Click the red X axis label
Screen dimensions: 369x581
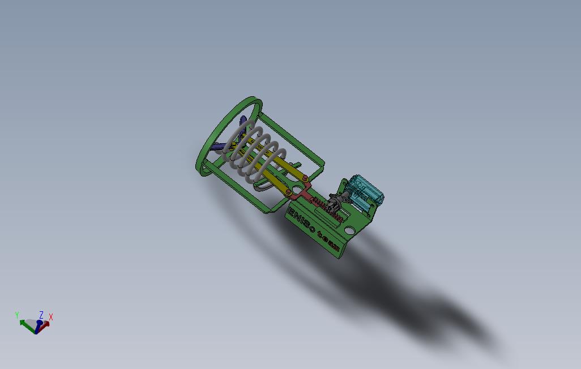point(51,317)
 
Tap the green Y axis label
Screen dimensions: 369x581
point(17,315)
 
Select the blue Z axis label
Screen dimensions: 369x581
point(41,314)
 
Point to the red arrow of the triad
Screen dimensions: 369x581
point(45,324)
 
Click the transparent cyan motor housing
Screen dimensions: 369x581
point(365,190)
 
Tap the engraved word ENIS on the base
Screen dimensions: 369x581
point(299,220)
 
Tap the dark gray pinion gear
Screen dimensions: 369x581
point(334,201)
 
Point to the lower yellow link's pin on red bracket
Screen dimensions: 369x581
point(288,193)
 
